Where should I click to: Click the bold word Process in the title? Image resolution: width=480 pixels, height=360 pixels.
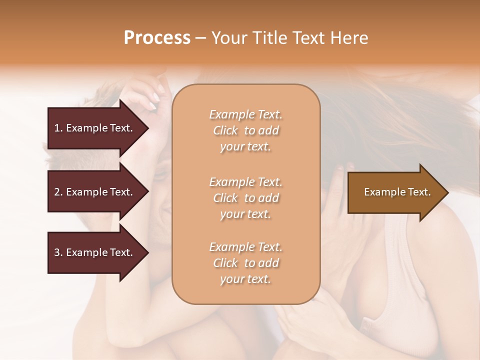[157, 38]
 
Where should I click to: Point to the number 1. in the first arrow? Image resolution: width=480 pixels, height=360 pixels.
[58, 128]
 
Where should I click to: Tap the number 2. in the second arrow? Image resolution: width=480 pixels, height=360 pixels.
[58, 192]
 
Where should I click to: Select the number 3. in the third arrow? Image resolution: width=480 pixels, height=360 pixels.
[58, 252]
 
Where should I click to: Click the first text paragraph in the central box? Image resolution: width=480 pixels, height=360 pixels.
[246, 130]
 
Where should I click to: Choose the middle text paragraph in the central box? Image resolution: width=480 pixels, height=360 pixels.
[246, 198]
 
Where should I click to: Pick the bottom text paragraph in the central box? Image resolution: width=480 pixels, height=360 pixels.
[246, 263]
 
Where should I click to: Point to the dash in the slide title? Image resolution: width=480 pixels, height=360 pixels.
[200, 38]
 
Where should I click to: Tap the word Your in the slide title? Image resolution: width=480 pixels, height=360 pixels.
[228, 38]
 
